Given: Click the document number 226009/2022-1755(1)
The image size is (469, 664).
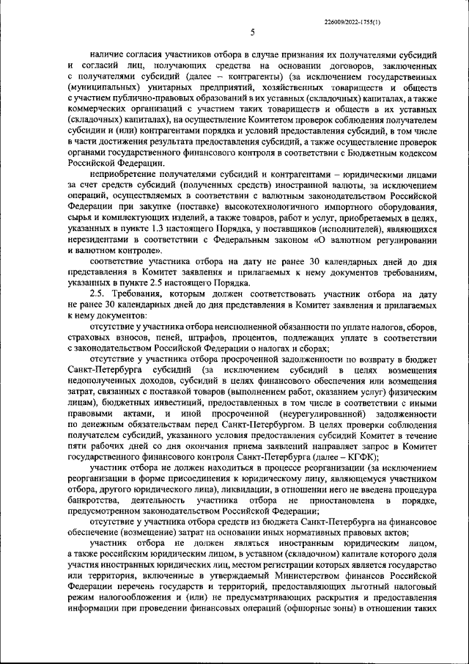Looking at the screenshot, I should (352, 22).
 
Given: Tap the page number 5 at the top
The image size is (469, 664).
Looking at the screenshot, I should (251, 33).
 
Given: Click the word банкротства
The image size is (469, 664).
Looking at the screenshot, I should (93, 500).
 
